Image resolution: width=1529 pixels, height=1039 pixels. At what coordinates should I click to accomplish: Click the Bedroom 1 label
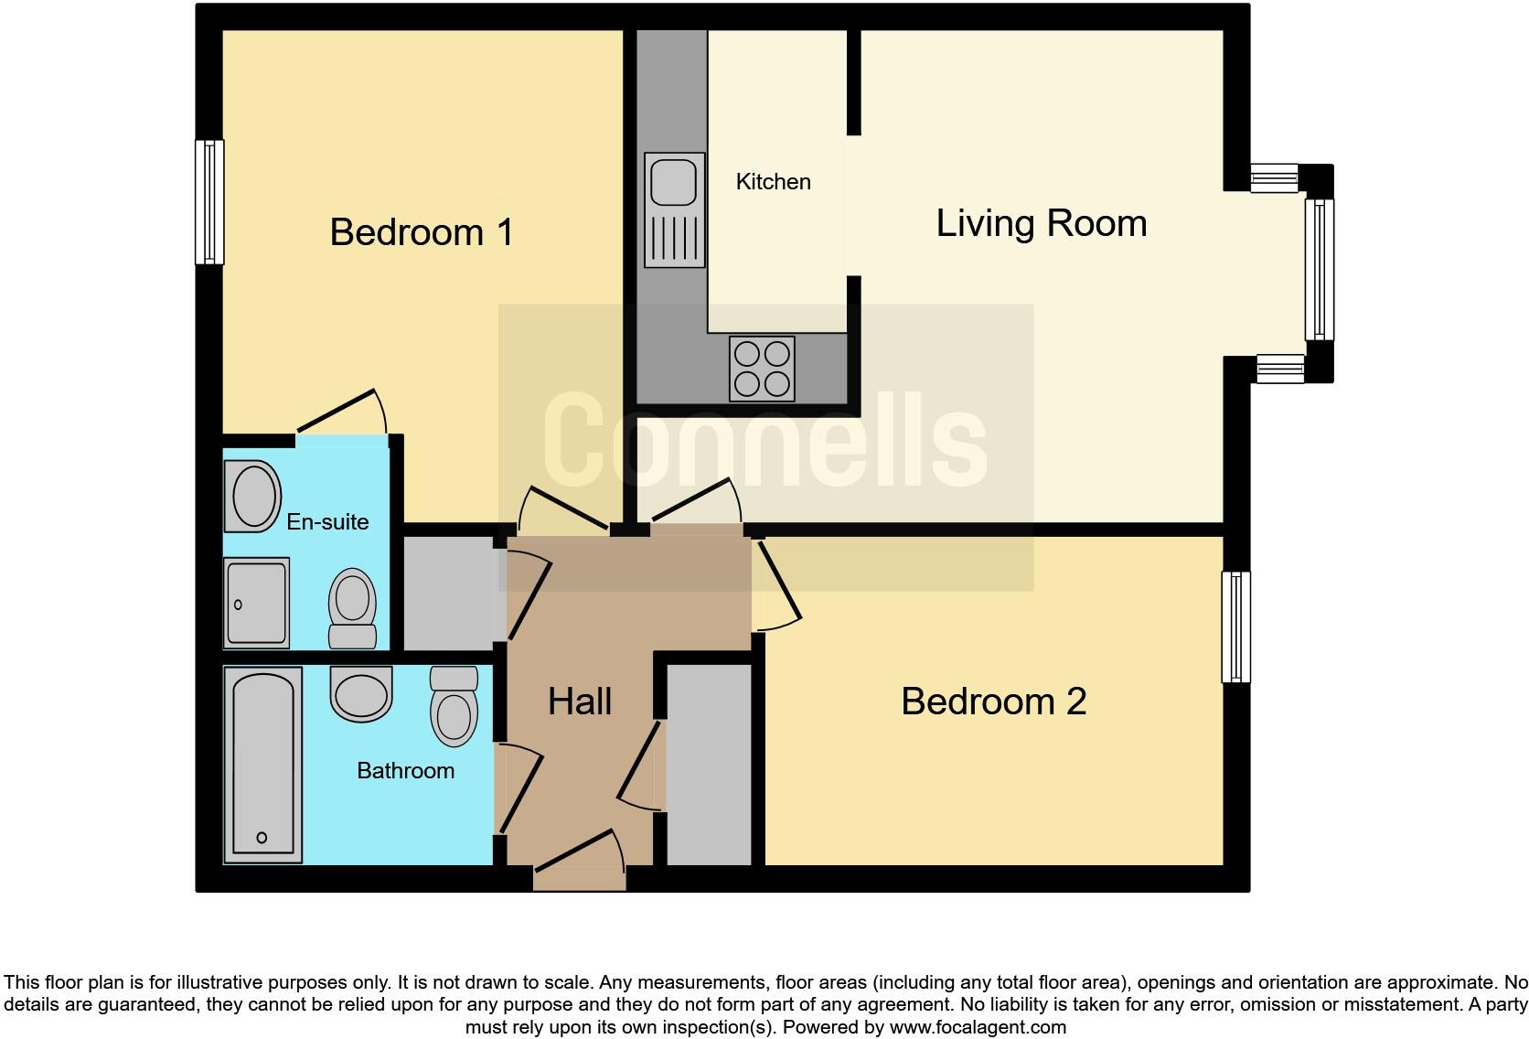(x=422, y=232)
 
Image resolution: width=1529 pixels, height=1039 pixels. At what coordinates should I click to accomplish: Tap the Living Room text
(x=1041, y=223)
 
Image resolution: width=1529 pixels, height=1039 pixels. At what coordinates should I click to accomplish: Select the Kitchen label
(x=773, y=182)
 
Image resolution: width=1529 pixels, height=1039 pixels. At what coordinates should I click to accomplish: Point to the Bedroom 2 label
(x=993, y=702)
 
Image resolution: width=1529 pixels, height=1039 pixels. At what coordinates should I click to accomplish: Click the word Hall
(x=579, y=702)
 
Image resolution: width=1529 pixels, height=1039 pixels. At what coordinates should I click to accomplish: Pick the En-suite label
(x=327, y=522)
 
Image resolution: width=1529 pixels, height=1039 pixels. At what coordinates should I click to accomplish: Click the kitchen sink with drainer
(x=675, y=209)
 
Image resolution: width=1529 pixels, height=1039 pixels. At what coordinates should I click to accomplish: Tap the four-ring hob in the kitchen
(x=762, y=369)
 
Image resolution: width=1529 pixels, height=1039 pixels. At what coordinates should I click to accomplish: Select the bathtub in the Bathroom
(x=263, y=765)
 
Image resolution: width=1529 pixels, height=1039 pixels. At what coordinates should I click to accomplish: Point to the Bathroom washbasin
(x=361, y=693)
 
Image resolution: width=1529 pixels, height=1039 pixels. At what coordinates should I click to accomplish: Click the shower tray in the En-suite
(x=256, y=603)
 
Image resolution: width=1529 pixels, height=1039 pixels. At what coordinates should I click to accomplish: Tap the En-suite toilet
(x=352, y=608)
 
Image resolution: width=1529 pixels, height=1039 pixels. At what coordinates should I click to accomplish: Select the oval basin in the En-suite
(x=253, y=496)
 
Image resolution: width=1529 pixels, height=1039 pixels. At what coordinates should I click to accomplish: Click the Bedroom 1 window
(x=210, y=202)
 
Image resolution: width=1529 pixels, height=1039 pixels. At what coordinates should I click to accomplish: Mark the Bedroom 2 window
(x=1235, y=627)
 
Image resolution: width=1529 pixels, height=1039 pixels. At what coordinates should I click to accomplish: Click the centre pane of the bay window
(x=1320, y=270)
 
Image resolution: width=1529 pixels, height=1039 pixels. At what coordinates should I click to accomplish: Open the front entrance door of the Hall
(x=579, y=860)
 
